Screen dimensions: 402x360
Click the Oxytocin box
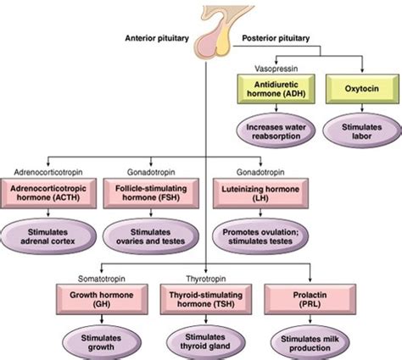(362, 89)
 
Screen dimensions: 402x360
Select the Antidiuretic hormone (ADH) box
(276, 89)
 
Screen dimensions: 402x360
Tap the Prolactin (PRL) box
(310, 299)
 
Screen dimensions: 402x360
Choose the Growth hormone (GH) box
(102, 299)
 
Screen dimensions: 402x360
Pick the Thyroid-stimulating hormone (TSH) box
(206, 299)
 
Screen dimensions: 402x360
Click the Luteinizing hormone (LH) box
(260, 193)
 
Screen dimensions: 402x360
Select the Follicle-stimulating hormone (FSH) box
(151, 193)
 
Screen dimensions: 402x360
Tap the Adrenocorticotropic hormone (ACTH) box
(48, 193)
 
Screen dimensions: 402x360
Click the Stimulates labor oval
(362, 131)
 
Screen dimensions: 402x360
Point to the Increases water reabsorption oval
(276, 131)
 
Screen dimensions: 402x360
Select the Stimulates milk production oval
(310, 343)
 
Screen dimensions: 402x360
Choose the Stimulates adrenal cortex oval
(48, 236)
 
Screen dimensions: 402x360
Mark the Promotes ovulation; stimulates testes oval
(260, 236)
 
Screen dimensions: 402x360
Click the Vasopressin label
(276, 69)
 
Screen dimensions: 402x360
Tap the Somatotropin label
(102, 279)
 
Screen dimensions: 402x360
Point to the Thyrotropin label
(206, 279)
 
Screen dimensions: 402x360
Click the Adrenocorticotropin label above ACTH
(48, 172)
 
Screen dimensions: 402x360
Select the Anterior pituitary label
(157, 38)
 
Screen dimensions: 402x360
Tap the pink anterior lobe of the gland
(206, 42)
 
